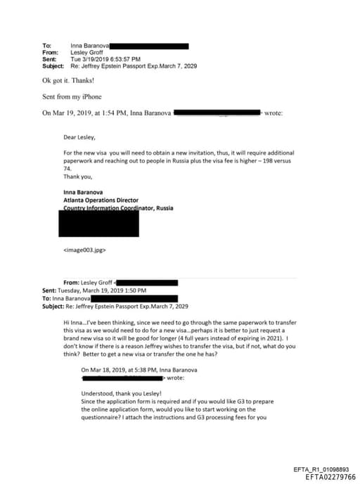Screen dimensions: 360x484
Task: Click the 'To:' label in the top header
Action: tap(46, 46)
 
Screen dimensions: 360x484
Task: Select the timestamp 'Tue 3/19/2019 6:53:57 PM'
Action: tap(105, 59)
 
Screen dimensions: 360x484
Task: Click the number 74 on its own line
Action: tap(67, 169)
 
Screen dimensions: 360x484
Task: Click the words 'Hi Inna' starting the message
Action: tap(75, 321)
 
